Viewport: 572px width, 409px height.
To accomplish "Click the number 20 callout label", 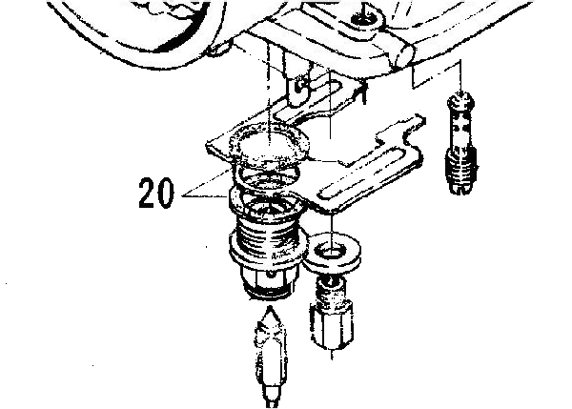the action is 156,193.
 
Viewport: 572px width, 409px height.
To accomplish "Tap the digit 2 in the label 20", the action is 147,193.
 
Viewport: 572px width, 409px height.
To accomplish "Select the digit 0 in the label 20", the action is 165,193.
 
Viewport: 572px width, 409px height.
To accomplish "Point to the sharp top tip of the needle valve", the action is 270,307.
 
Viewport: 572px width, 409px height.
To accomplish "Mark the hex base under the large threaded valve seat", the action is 269,281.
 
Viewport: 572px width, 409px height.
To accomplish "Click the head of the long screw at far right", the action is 461,99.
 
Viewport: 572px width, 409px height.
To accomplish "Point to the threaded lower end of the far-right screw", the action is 460,172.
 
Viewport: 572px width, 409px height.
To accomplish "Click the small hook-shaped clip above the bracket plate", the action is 301,89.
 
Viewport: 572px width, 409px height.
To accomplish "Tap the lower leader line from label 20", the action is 205,196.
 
